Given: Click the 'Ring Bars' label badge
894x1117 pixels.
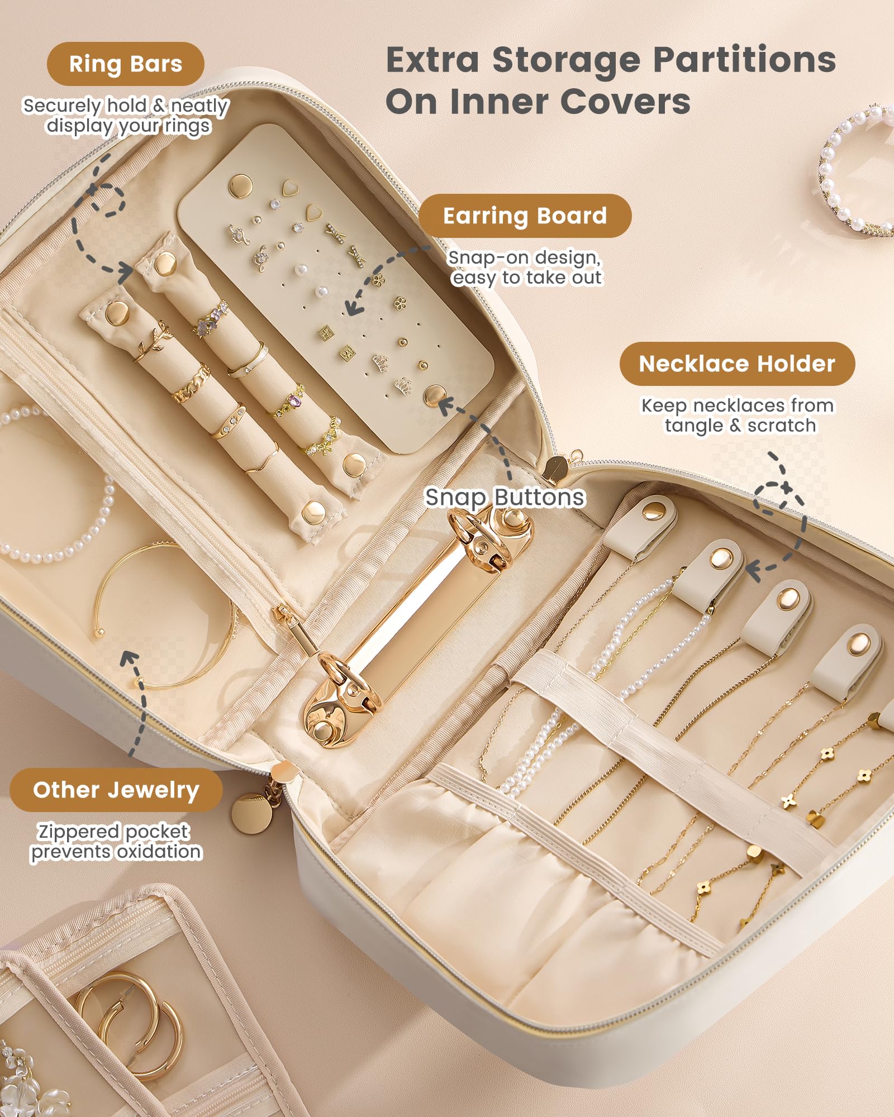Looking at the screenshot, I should pos(126,64).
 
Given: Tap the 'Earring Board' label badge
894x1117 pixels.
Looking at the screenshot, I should pos(525,216).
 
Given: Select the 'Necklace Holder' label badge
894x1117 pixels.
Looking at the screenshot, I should pos(736,364).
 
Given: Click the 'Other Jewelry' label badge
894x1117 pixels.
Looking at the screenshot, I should pos(116,790).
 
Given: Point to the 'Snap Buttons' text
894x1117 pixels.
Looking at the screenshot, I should pos(505,497).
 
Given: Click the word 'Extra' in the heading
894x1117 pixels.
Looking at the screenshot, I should pos(432,60).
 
